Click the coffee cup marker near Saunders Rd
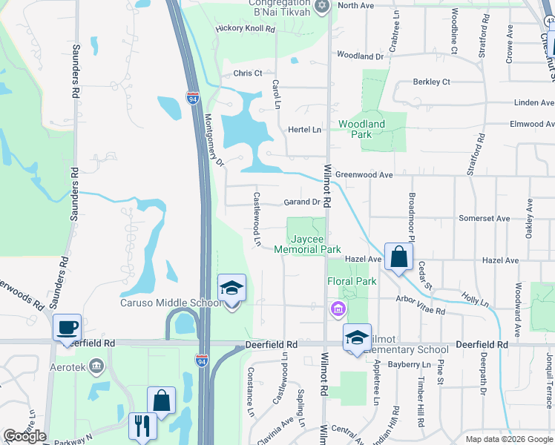pyautogui.click(x=67, y=328)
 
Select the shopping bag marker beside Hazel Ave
pyautogui.click(x=398, y=257)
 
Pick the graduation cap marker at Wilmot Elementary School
pyautogui.click(x=357, y=337)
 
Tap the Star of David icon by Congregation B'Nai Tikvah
pyautogui.click(x=321, y=6)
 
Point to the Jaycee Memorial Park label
pyautogui.click(x=307, y=245)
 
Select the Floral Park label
pyautogui.click(x=352, y=281)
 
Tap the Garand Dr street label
pyautogui.click(x=301, y=202)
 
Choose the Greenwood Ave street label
pyautogui.click(x=364, y=175)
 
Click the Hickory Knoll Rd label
pyautogui.click(x=245, y=29)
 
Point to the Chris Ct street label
pyautogui.click(x=248, y=73)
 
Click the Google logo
pyautogui.click(x=24, y=437)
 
